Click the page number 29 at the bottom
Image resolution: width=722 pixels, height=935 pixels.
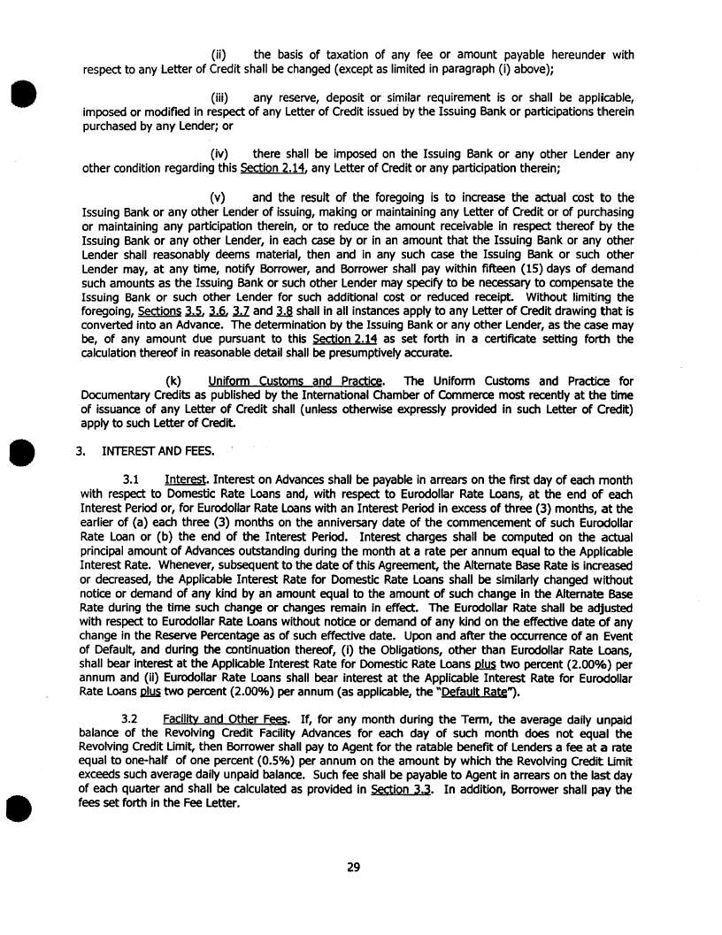[x=353, y=867]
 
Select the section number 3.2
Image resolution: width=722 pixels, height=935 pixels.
[x=132, y=721]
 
